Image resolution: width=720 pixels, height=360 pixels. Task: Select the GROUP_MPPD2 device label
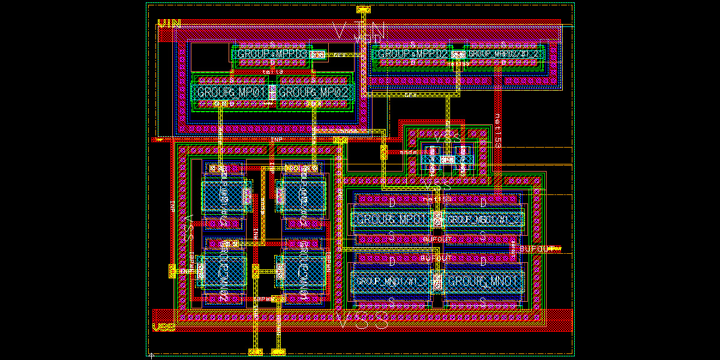tap(413, 54)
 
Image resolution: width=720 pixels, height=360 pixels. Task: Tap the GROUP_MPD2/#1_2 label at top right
tap(504, 54)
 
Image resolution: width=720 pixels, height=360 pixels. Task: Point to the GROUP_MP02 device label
tap(313, 92)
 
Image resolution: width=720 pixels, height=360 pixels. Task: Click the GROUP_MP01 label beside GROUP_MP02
tap(231, 92)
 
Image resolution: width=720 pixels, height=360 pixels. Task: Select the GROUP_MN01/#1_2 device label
tap(394, 281)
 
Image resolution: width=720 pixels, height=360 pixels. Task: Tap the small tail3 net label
tap(272, 71)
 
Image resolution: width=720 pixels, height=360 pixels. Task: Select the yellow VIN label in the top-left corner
tap(169, 25)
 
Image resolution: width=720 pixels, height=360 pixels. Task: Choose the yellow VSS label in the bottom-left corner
tap(164, 328)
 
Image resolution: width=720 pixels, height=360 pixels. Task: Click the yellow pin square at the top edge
tap(364, 10)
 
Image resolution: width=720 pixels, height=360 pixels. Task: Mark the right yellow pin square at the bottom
tap(278, 352)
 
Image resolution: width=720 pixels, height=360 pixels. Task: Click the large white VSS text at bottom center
tap(360, 321)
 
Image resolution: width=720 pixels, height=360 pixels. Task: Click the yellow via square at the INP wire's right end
tap(340, 140)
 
